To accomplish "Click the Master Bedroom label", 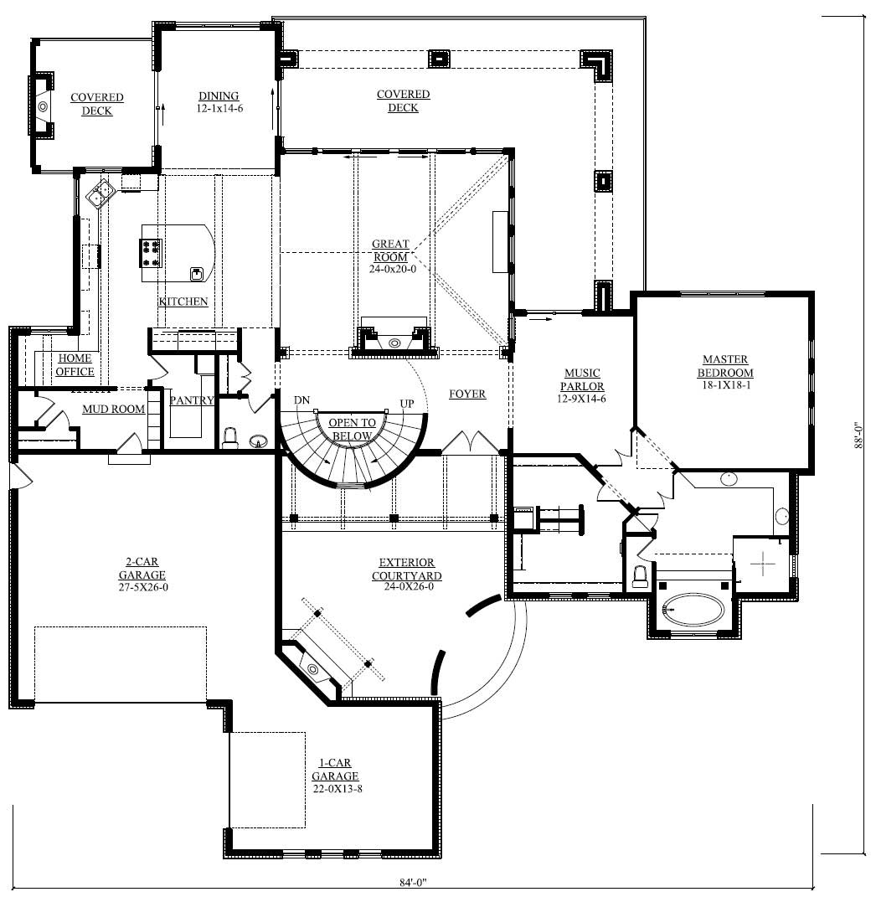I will point(725,373).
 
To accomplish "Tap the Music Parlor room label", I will point(582,386).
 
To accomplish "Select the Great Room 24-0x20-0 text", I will point(392,256).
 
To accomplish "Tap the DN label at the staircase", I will point(303,401).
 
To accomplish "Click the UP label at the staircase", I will point(407,404).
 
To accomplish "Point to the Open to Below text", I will point(352,429).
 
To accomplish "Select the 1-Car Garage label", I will point(335,776).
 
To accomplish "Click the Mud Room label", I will point(113,410).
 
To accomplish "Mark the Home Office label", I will point(75,365).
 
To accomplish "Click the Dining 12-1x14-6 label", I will point(219,102).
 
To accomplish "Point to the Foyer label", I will point(467,394).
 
